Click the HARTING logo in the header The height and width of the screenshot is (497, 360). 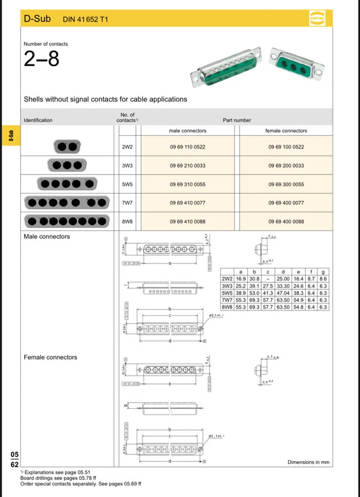coord(317,19)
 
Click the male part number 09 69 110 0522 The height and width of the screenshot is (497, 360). coord(187,147)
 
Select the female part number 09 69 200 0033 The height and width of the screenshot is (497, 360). coord(286,166)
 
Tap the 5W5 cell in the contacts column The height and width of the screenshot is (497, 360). coord(127,184)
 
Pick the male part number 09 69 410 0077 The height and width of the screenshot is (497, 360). coord(187,203)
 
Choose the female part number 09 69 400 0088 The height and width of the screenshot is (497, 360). coord(286,222)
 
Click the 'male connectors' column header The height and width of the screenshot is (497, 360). coord(187,131)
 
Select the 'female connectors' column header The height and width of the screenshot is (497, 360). coord(286,131)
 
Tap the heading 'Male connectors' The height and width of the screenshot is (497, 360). coord(47,237)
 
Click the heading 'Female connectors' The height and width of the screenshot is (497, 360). coord(50,357)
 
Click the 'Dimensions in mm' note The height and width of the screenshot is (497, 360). coord(308,462)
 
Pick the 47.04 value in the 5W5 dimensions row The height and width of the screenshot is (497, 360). coord(283,293)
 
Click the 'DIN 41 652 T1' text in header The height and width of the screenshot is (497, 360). coord(85,20)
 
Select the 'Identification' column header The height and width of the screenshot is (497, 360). coord(38,120)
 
